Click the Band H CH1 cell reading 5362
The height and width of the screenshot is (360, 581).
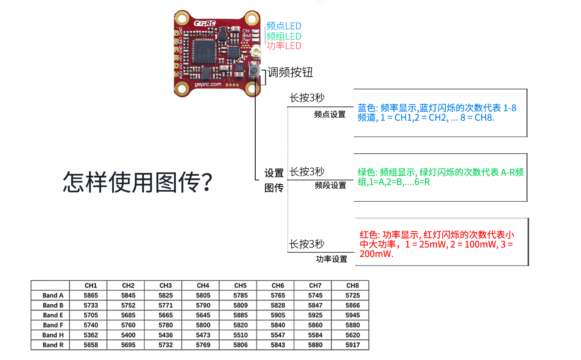pos(91,335)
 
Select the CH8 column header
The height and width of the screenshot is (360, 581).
pos(352,285)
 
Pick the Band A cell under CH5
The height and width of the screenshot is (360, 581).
pos(240,295)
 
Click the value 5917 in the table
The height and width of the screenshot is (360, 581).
pos(352,345)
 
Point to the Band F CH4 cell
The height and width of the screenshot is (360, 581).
pos(203,325)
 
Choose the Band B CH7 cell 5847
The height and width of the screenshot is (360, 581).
pos(315,305)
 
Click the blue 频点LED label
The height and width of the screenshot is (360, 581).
pos(284,26)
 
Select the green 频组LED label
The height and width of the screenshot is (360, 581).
pos(284,36)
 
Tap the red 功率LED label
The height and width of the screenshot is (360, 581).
pos(284,46)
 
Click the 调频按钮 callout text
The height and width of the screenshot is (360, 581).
pos(290,72)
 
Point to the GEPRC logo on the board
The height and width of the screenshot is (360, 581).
pos(205,23)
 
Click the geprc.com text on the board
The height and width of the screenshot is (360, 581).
pos(208,84)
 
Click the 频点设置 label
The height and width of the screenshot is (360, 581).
pos(330,114)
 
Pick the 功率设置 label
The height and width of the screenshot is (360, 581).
pos(332,259)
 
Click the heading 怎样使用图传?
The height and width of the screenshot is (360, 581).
pos(138,182)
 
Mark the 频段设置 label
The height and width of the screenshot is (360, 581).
pos(330,185)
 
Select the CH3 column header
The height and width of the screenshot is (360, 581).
pos(165,285)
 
